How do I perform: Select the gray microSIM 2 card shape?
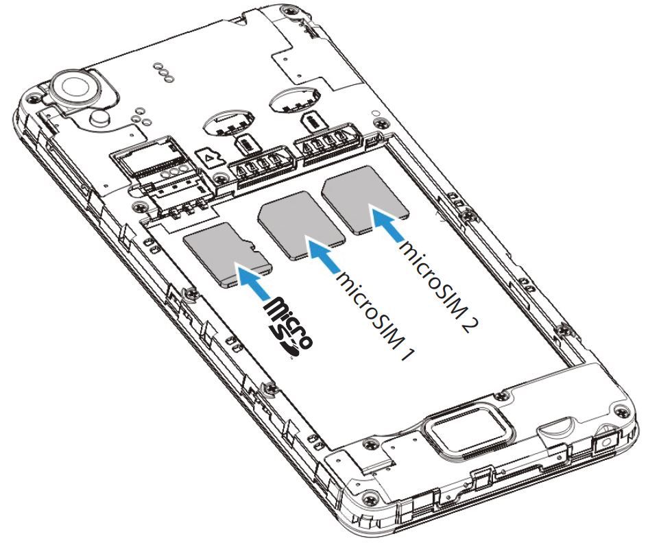pos(365,199)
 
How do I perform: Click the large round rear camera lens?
pos(77,88)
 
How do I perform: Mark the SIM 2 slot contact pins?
pos(326,140)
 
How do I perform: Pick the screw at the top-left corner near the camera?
pos(32,98)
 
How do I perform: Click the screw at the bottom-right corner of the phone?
pos(621,411)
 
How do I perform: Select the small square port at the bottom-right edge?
pos(605,444)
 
